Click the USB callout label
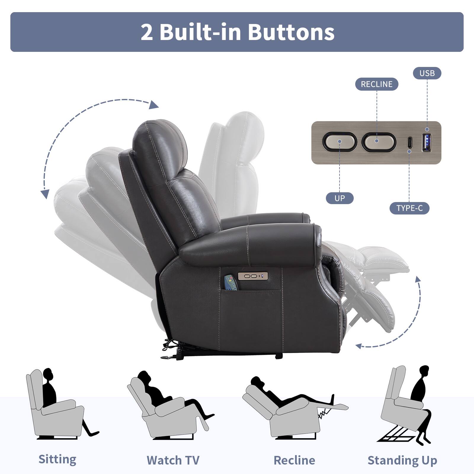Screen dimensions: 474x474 [x=427, y=73]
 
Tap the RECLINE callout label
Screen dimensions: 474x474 [x=377, y=84]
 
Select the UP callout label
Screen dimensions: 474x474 [x=340, y=198]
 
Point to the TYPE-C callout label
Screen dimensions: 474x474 [x=409, y=208]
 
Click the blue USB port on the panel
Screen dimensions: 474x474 [x=427, y=142]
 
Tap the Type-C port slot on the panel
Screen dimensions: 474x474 [x=409, y=142]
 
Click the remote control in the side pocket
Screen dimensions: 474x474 [x=231, y=283]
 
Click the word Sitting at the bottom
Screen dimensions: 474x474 [x=57, y=459]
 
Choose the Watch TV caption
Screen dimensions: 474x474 [x=173, y=460]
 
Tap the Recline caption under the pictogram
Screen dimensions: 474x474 [x=294, y=460]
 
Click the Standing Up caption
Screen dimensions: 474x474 [x=402, y=460]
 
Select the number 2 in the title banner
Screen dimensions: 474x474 [x=147, y=32]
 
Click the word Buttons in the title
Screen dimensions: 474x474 [x=291, y=32]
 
